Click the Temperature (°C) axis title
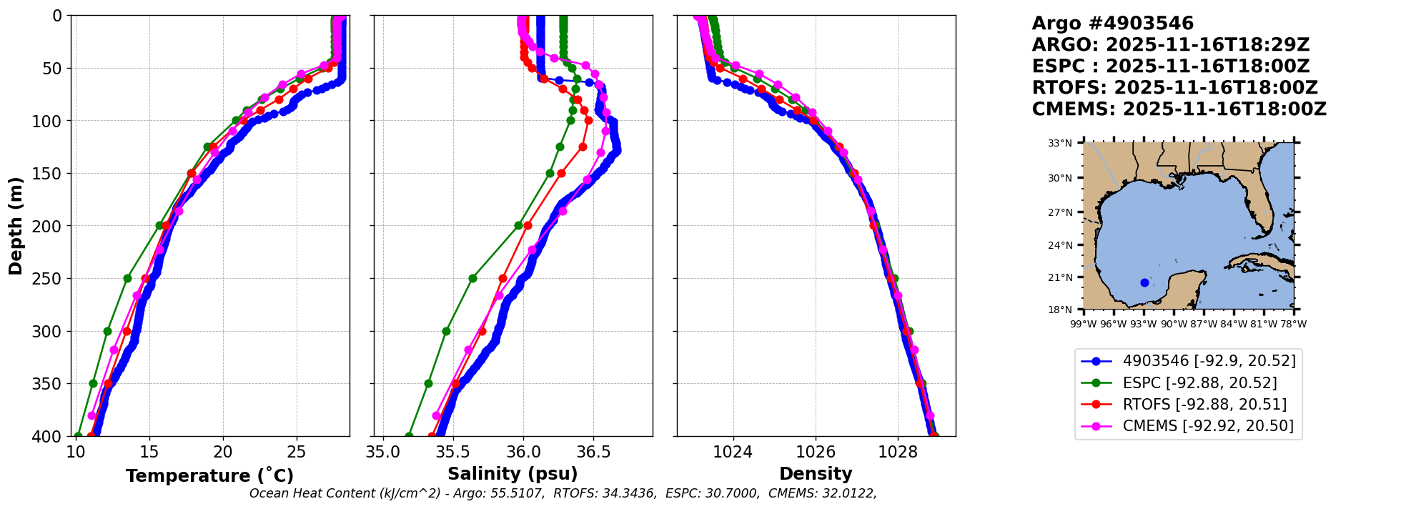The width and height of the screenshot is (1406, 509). coord(209,476)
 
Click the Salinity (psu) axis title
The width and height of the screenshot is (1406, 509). coord(513,474)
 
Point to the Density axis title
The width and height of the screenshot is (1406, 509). coord(816,474)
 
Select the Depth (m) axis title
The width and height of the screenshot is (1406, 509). coord(16,226)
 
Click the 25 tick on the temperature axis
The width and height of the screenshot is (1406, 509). coord(297,452)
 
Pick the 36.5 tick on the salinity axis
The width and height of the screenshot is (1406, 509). coord(593,452)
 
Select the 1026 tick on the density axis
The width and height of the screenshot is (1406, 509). coord(816,452)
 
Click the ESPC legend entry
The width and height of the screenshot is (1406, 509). coord(1199,383)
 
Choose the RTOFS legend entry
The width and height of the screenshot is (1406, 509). coord(1204,405)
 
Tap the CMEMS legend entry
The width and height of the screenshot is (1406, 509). coord(1208,426)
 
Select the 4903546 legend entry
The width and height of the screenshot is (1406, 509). coord(1209,361)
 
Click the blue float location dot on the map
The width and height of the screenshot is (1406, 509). coord(1144,282)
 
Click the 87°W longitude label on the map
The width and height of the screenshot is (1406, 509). coord(1204,324)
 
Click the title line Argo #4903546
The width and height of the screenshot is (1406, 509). coord(1112,24)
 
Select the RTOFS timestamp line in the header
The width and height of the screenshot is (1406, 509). coord(1174,88)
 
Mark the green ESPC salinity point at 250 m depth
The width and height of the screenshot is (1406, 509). coord(472,278)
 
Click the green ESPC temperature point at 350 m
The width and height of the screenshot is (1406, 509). coord(93,383)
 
